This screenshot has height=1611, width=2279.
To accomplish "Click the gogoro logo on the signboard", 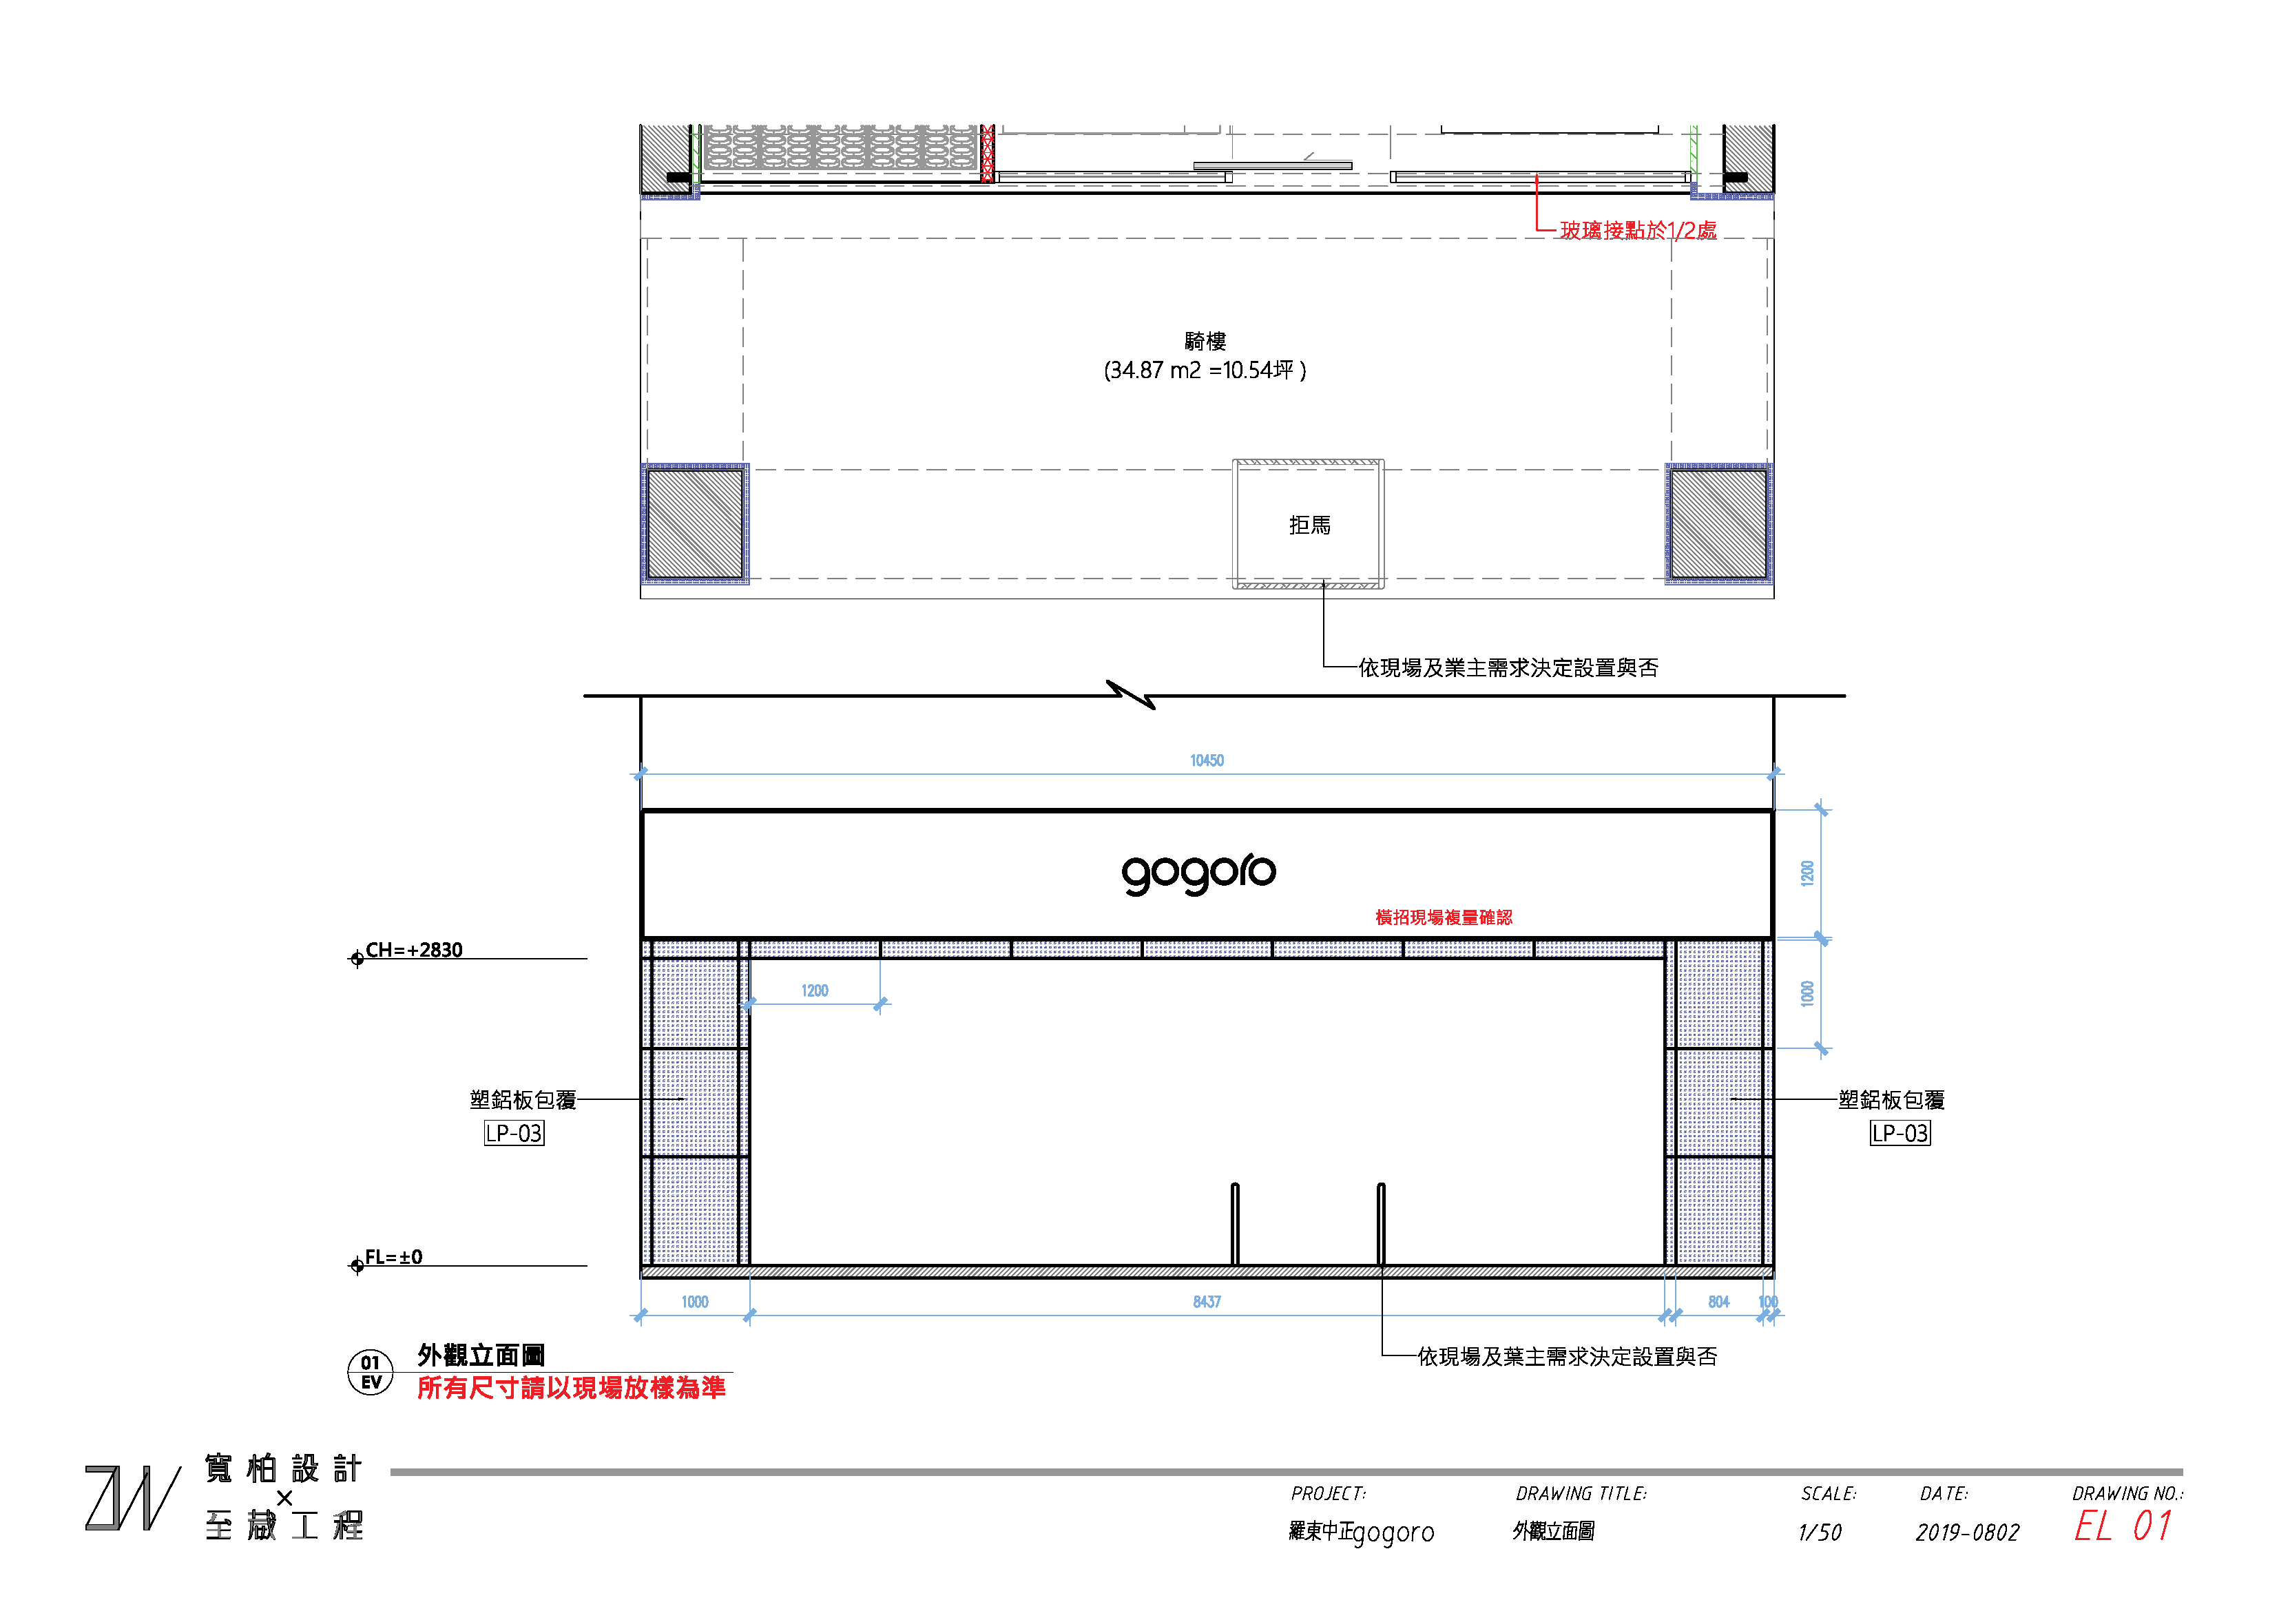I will tap(1198, 873).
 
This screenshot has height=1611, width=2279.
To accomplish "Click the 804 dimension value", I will tap(1718, 1301).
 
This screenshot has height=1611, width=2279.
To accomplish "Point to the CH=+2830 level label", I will tap(413, 950).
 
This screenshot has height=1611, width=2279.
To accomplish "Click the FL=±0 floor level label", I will tap(393, 1257).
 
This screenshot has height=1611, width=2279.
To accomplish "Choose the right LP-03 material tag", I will tap(1899, 1132).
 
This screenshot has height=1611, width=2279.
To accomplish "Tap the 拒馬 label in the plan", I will tap(1309, 525).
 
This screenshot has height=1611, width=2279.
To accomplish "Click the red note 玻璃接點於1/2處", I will tap(1638, 230).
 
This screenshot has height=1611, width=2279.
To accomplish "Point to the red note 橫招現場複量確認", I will tap(1444, 917).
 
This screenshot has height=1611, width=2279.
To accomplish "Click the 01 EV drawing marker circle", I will tap(371, 1372).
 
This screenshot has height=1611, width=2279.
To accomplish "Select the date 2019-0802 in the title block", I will tap(1966, 1532).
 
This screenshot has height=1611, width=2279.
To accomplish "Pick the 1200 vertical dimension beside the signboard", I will tap(1807, 873).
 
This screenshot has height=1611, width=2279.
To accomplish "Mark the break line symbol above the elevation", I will tap(1131, 695).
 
